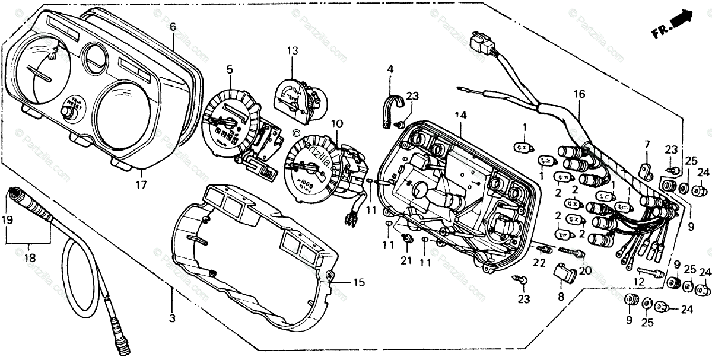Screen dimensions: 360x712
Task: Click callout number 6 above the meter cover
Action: (173, 27)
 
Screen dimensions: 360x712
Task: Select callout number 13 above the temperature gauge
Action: (293, 51)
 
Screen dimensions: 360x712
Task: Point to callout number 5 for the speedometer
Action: (229, 69)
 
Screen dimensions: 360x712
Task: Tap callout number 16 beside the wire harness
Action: (579, 94)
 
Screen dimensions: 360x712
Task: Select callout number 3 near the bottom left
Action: (172, 318)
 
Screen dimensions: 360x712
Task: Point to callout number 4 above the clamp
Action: (390, 69)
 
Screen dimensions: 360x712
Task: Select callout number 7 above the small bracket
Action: (647, 144)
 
